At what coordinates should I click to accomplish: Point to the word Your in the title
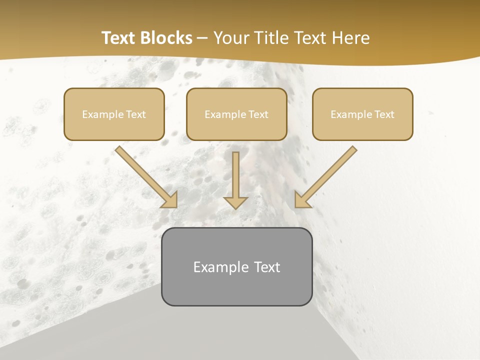click(x=230, y=38)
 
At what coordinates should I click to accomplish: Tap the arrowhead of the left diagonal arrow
click(x=170, y=200)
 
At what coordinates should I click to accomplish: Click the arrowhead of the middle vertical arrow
click(x=235, y=202)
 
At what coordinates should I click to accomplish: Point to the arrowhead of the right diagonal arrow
click(x=302, y=200)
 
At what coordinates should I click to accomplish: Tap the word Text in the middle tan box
click(x=258, y=114)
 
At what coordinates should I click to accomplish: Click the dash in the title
click(x=202, y=38)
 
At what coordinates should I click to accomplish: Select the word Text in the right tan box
click(x=384, y=114)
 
